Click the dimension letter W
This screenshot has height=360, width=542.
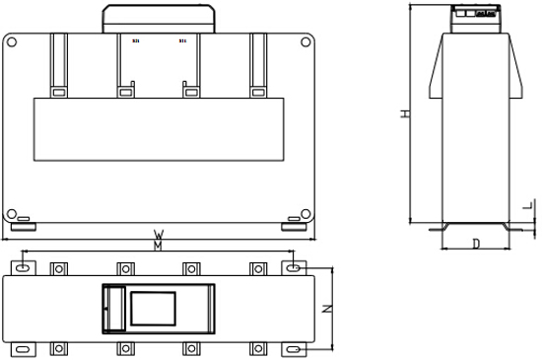click(158, 235)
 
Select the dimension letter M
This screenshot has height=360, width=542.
click(158, 247)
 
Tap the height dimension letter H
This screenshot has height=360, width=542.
click(404, 114)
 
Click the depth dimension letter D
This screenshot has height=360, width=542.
click(475, 243)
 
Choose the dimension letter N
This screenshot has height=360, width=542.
click(328, 309)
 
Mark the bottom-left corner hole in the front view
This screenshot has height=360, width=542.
click(11, 214)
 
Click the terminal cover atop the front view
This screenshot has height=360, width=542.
click(159, 18)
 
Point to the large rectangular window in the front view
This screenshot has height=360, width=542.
click(159, 129)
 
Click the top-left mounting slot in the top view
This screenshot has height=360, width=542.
click(26, 267)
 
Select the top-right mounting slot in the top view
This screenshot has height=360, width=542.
click(293, 267)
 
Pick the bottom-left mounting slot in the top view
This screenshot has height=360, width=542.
click(26, 349)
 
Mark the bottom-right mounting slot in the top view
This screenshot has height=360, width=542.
click(293, 349)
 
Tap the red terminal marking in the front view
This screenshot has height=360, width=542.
click(135, 41)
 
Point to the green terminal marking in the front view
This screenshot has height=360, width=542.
click(181, 41)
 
